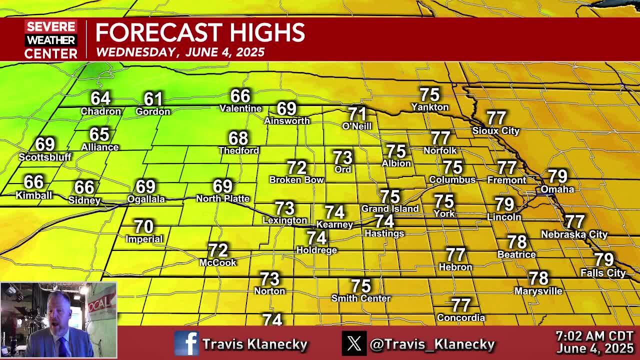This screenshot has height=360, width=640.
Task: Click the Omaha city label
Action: (557, 189)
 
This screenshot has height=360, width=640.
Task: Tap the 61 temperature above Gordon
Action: (153, 98)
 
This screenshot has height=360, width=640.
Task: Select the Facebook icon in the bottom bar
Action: (186, 344)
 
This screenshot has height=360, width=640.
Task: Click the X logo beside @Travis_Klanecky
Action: (354, 344)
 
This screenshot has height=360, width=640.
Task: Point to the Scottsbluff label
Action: (45, 157)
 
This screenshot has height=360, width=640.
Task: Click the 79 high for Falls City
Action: (603, 259)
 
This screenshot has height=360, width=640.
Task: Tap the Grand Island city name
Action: (390, 208)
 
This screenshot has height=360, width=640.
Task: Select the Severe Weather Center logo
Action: (51, 40)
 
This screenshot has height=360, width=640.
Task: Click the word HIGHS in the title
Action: (263, 33)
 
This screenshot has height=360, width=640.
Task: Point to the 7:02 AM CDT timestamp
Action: (594, 336)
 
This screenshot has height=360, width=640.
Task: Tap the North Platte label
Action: (222, 198)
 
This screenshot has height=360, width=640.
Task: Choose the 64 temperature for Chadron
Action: (100, 98)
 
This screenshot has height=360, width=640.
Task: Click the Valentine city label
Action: (240, 108)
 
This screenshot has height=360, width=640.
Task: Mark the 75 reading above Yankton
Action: (429, 94)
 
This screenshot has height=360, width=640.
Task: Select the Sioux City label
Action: (496, 131)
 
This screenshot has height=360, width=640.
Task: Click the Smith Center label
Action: (361, 298)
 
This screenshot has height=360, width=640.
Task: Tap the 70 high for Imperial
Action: (144, 226)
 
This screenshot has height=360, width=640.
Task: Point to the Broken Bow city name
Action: (296, 179)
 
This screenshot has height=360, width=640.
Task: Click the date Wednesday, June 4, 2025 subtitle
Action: (180, 52)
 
